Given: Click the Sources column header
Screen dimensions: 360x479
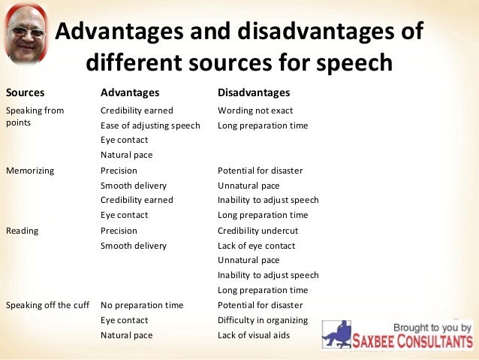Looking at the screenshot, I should (25, 92).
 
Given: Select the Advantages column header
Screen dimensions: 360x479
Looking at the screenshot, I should (130, 92).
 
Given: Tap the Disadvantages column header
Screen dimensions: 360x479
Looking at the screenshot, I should (253, 92).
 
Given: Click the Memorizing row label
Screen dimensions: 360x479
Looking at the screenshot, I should (30, 171).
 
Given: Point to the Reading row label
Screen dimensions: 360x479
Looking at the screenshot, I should (23, 231).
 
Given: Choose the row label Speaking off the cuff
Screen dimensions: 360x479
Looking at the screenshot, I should (47, 305).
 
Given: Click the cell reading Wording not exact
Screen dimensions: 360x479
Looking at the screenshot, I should (255, 110).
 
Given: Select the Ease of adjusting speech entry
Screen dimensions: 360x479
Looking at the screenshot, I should (150, 126).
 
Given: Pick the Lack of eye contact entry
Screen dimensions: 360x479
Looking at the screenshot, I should (257, 246).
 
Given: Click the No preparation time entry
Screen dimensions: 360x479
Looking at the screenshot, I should (142, 305).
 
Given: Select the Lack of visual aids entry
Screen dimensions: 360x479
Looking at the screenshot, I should (254, 335).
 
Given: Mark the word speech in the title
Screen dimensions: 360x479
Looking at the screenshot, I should (354, 62).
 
